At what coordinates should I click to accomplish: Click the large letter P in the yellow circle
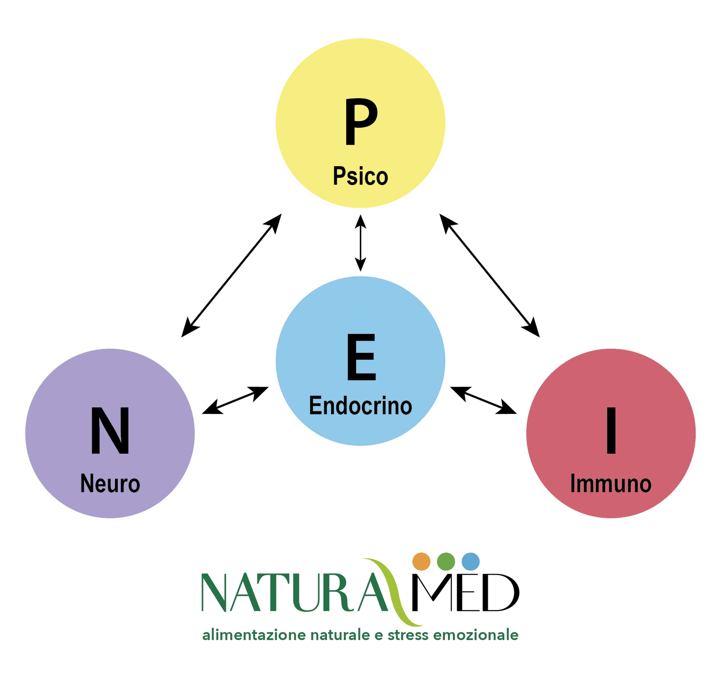(361, 122)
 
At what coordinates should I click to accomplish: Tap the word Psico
(360, 176)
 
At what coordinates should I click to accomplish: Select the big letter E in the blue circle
(361, 357)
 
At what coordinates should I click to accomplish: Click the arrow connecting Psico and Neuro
(231, 275)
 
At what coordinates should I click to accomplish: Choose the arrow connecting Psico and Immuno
(490, 275)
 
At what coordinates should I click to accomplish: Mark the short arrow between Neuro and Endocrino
(235, 400)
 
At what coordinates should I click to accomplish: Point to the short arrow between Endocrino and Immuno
(483, 400)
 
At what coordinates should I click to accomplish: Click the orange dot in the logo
(422, 562)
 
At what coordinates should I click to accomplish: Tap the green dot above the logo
(446, 562)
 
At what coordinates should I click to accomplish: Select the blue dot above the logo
(471, 562)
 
